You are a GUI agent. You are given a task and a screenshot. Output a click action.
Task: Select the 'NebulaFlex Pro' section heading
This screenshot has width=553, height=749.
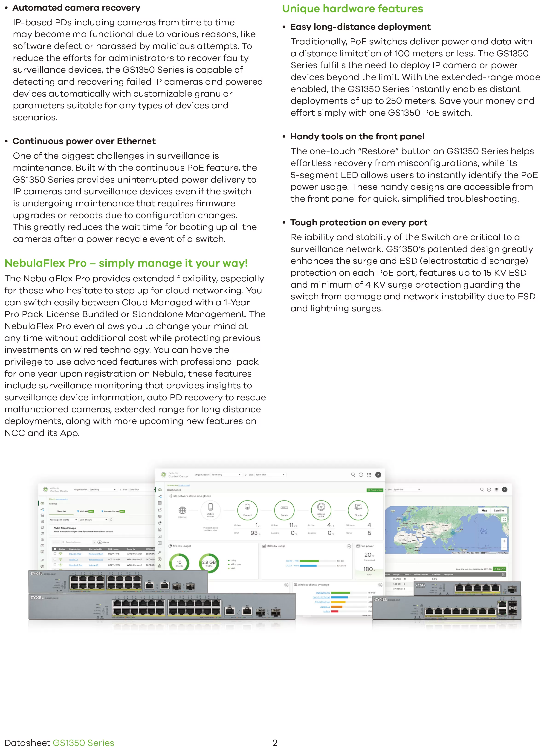coord(126,263)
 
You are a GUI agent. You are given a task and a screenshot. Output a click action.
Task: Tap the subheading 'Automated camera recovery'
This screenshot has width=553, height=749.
coord(76,8)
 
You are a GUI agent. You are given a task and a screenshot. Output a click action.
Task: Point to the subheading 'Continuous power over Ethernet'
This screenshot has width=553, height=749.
coord(84,141)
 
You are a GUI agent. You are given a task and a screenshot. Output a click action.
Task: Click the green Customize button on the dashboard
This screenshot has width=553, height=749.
coord(375,490)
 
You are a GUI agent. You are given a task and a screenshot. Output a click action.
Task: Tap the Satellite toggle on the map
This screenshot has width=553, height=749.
coord(498,511)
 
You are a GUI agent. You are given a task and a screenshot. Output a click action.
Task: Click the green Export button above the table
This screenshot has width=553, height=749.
coord(499,569)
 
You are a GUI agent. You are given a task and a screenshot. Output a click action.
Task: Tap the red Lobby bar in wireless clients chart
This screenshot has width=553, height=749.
coord(334,611)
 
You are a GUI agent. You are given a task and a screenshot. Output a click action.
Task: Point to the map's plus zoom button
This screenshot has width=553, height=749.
coord(504,541)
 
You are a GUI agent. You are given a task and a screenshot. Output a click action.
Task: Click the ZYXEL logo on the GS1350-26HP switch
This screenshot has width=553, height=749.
coord(37,597)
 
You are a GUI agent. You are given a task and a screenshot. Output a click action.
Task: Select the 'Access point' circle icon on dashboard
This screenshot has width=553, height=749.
coord(321,510)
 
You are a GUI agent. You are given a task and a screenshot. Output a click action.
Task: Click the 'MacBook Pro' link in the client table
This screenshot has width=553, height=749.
coord(75,565)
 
